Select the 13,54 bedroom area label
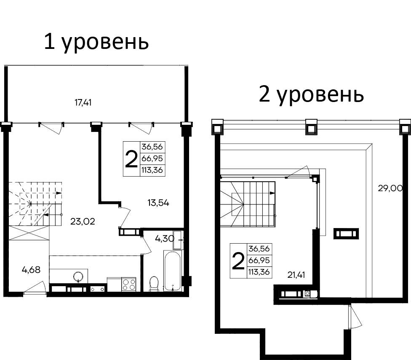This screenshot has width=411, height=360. (x=158, y=203)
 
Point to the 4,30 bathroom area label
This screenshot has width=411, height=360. (x=164, y=239)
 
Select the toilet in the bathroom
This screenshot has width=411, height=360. (x=154, y=284)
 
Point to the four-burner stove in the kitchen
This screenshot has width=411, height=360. (x=128, y=284)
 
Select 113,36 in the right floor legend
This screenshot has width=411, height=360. (x=260, y=272)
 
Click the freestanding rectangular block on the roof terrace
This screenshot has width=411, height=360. (x=347, y=234)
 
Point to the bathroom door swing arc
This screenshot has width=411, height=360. (x=146, y=243)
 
